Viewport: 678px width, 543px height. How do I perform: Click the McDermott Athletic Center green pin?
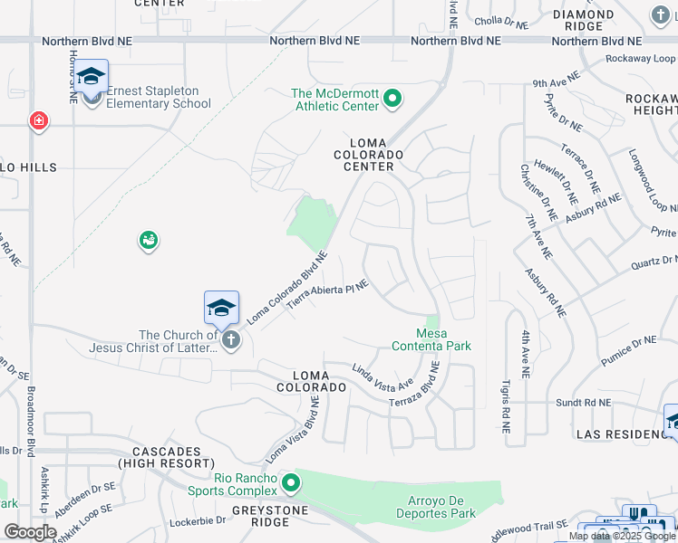click(392, 99)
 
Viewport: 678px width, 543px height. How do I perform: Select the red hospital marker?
click(38, 121)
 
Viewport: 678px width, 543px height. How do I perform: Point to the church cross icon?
click(231, 341)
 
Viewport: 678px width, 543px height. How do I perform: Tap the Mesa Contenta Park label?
click(431, 338)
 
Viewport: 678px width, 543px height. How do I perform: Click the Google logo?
click(30, 532)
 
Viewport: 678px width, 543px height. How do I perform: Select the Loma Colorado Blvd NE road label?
click(286, 288)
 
